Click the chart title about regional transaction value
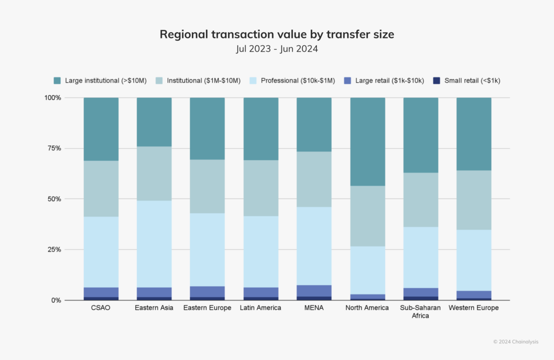coord(277,35)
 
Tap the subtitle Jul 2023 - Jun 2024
coord(277,49)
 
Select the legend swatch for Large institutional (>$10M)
coord(57,81)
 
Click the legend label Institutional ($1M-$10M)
coord(204,81)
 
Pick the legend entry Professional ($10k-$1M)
coord(298,81)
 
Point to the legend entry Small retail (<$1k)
coord(472,81)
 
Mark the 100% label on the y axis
coord(52,98)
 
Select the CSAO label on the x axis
coord(101,308)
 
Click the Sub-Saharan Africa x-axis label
coord(421,312)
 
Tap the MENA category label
coord(314,308)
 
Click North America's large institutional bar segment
coord(367,142)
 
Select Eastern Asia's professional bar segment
coord(154,244)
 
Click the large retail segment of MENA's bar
coord(314,291)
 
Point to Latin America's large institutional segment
coord(261,129)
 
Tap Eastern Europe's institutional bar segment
coord(207,186)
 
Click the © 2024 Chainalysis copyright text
coord(516,342)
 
